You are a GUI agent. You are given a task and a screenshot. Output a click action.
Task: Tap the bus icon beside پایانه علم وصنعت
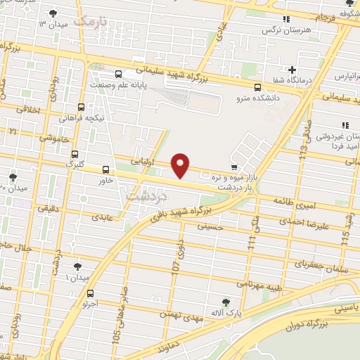coord(117,73)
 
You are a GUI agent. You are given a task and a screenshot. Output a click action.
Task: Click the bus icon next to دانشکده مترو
coord(257,88)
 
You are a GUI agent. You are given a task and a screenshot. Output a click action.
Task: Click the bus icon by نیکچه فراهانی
coord(82,108)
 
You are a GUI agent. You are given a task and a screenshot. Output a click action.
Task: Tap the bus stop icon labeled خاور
coord(105,169)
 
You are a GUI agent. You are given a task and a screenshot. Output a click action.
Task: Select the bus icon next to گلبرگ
coord(75,155)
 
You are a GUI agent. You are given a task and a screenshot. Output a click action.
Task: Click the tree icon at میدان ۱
coord(77,267)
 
